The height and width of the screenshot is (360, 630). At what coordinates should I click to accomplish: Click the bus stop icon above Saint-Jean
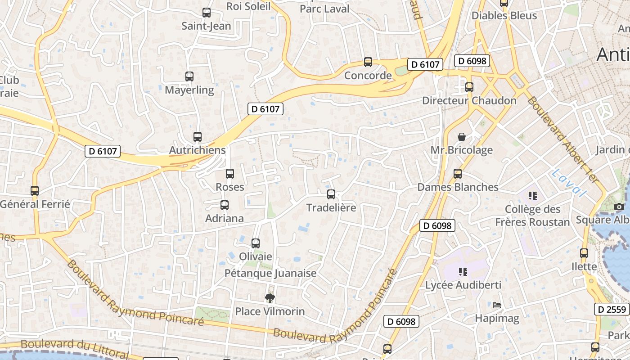[207, 13]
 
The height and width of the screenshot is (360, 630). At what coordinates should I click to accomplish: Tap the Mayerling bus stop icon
[189, 76]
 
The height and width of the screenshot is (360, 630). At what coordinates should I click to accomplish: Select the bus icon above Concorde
[368, 62]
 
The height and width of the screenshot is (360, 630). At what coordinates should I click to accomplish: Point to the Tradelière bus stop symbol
[331, 194]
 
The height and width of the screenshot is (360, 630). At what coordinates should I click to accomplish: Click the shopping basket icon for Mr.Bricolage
[462, 137]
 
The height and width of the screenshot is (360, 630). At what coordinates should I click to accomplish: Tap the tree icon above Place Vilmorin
[270, 298]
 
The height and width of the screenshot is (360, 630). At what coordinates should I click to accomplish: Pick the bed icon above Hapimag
[497, 306]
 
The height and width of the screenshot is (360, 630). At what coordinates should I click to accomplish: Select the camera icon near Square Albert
[619, 207]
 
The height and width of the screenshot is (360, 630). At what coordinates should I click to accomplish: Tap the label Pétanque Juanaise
[270, 273]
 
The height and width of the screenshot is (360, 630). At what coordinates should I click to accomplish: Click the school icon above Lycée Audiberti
[463, 272]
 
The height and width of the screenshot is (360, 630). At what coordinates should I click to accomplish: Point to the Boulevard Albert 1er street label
[563, 139]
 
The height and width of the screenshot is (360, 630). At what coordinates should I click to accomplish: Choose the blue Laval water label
[570, 183]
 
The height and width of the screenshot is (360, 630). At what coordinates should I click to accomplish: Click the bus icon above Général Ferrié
[35, 191]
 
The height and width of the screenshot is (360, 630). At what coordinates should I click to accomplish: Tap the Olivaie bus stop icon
[256, 243]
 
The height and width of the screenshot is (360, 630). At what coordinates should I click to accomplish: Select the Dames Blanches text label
[458, 187]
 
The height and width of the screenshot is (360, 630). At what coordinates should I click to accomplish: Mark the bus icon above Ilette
[584, 253]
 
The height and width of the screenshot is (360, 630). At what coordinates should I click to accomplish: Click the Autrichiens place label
[197, 150]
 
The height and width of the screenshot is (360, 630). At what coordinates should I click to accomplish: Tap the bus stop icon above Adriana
[225, 205]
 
